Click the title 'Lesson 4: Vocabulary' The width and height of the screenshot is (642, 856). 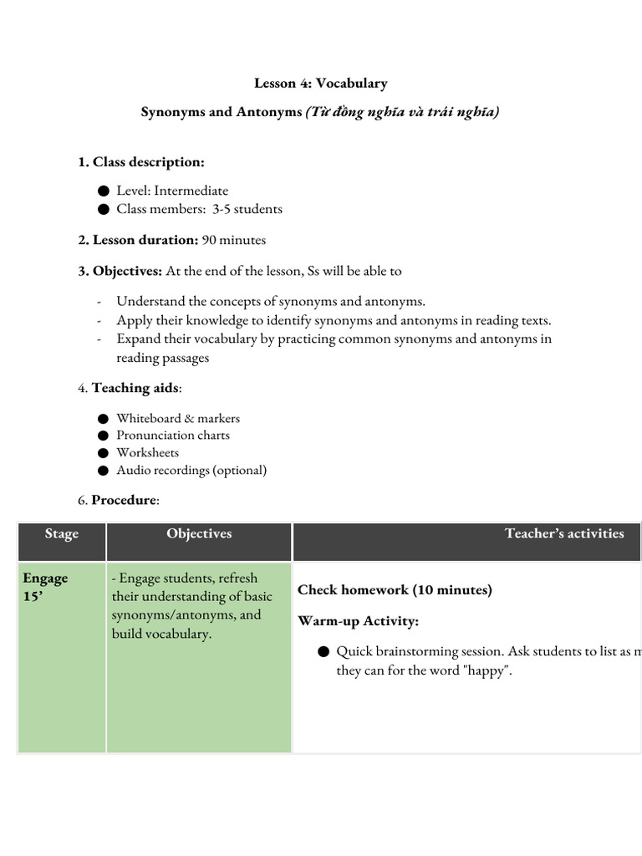(320, 84)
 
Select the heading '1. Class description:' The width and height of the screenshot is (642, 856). (141, 161)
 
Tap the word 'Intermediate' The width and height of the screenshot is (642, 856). (191, 191)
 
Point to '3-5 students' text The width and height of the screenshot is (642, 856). (247, 209)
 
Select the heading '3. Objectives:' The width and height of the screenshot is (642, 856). (120, 271)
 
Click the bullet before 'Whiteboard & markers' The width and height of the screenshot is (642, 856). (103, 419)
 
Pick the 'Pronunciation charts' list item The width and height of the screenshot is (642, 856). (173, 435)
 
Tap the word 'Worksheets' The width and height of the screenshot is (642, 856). (147, 452)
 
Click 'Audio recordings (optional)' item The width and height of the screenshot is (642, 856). (191, 470)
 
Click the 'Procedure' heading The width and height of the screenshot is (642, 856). (124, 500)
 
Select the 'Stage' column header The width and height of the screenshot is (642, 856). (62, 534)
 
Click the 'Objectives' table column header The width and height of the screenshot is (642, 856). (199, 533)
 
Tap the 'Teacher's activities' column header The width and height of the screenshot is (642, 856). (564, 533)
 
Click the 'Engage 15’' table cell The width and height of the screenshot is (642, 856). (46, 587)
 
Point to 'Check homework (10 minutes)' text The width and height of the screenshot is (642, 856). (395, 590)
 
